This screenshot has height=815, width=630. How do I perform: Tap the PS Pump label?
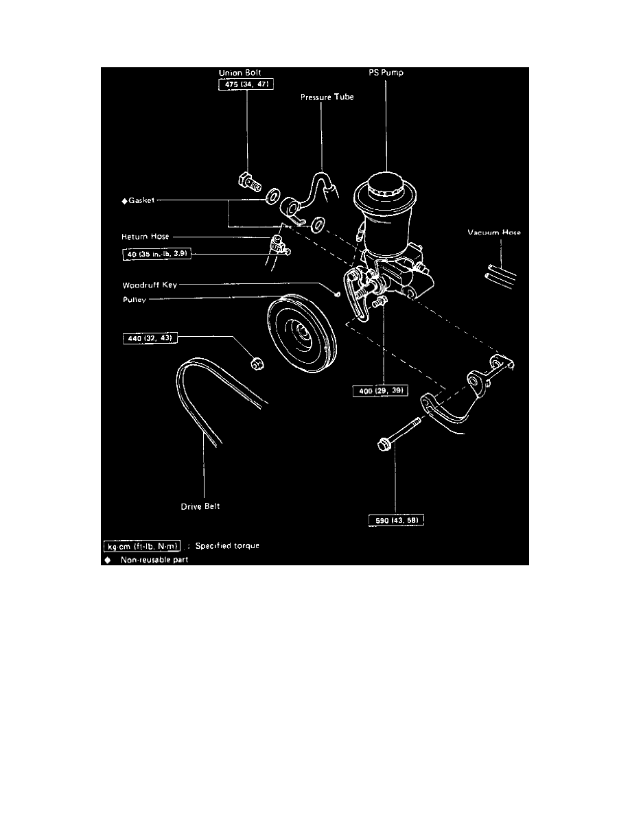(386, 71)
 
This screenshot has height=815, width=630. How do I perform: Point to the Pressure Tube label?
(327, 98)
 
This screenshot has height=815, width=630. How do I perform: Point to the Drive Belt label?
(200, 507)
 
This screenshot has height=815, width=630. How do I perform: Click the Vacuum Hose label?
(494, 233)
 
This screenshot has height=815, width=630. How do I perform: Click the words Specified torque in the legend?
(227, 546)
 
